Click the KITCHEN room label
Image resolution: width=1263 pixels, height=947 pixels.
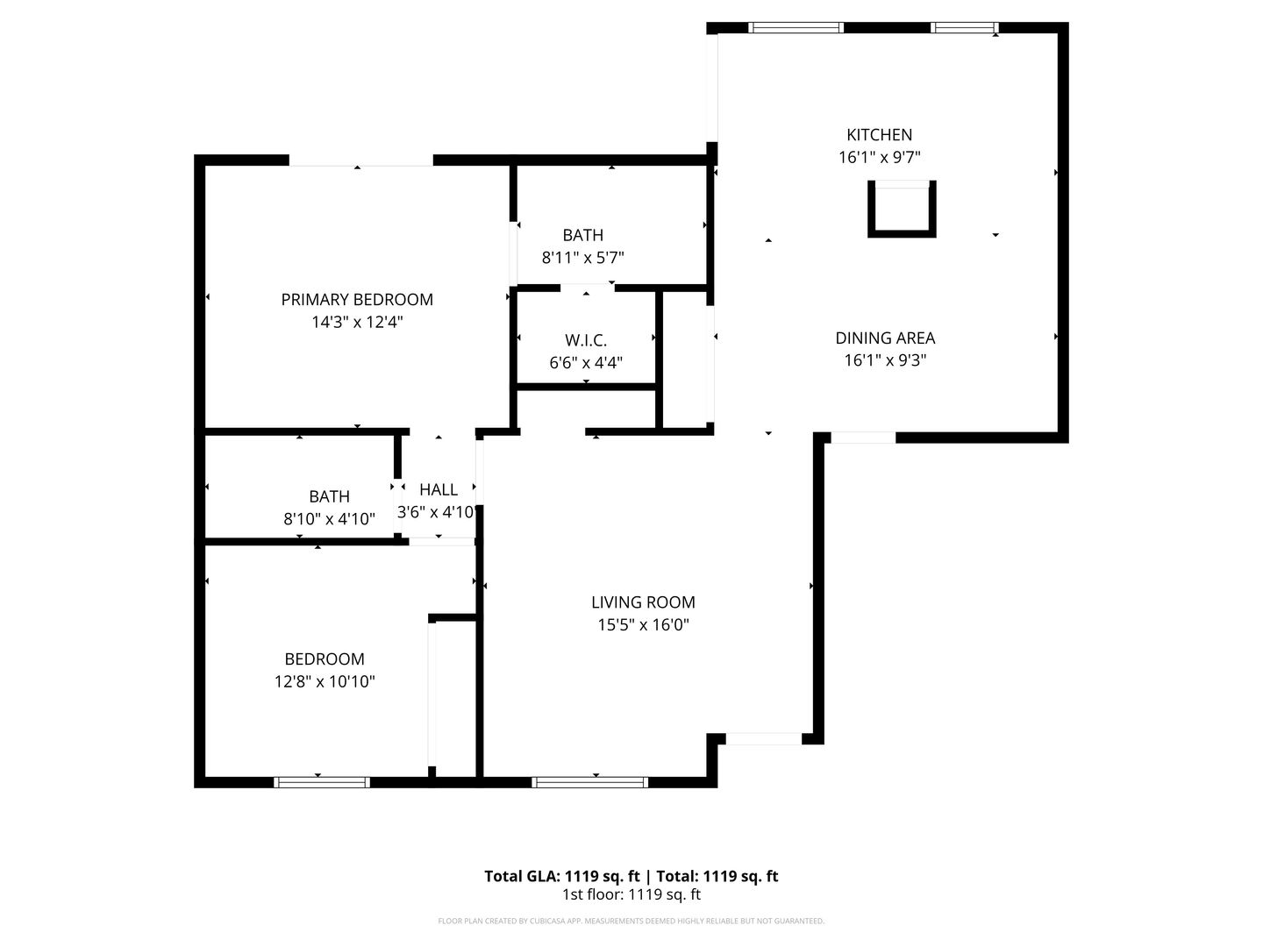pyautogui.click(x=879, y=135)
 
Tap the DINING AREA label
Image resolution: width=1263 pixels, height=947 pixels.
pyautogui.click(x=885, y=338)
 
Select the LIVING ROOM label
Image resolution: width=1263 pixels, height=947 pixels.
pyautogui.click(x=643, y=602)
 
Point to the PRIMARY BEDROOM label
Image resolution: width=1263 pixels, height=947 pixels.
pyautogui.click(x=357, y=300)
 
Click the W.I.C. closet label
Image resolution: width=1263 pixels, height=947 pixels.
pyautogui.click(x=586, y=340)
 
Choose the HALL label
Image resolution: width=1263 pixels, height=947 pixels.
pyautogui.click(x=439, y=490)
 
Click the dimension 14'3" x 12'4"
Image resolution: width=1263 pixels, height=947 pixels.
pyautogui.click(x=357, y=323)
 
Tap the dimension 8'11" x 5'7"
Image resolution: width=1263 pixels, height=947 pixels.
pyautogui.click(x=583, y=258)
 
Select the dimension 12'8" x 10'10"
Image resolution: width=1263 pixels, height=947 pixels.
pyautogui.click(x=325, y=682)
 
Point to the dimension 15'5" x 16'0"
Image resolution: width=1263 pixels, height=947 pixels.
pyautogui.click(x=643, y=625)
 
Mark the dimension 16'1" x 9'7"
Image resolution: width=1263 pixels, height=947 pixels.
pyautogui.click(x=879, y=158)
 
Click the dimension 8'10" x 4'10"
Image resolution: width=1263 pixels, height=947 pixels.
pyautogui.click(x=329, y=519)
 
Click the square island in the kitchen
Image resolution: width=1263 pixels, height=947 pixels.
pyautogui.click(x=902, y=210)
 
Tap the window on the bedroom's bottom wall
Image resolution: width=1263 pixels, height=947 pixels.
pyautogui.click(x=322, y=782)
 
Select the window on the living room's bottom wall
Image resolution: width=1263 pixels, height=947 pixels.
pyautogui.click(x=590, y=782)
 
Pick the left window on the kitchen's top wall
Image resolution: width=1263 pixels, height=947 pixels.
pyautogui.click(x=796, y=28)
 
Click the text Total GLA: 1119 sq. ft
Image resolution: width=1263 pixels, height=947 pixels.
pyautogui.click(x=563, y=876)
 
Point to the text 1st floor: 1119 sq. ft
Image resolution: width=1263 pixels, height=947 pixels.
pyautogui.click(x=631, y=895)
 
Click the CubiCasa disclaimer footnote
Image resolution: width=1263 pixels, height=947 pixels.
pyautogui.click(x=631, y=922)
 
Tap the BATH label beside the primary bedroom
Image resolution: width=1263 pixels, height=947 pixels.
pyautogui.click(x=583, y=235)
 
